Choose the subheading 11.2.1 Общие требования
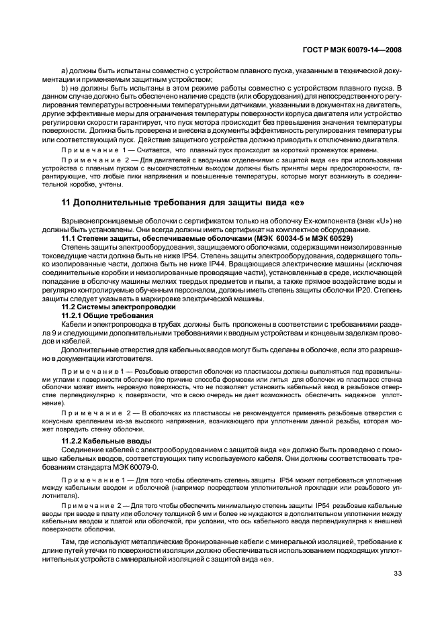click(x=103, y=315)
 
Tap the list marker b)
click(x=64, y=88)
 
